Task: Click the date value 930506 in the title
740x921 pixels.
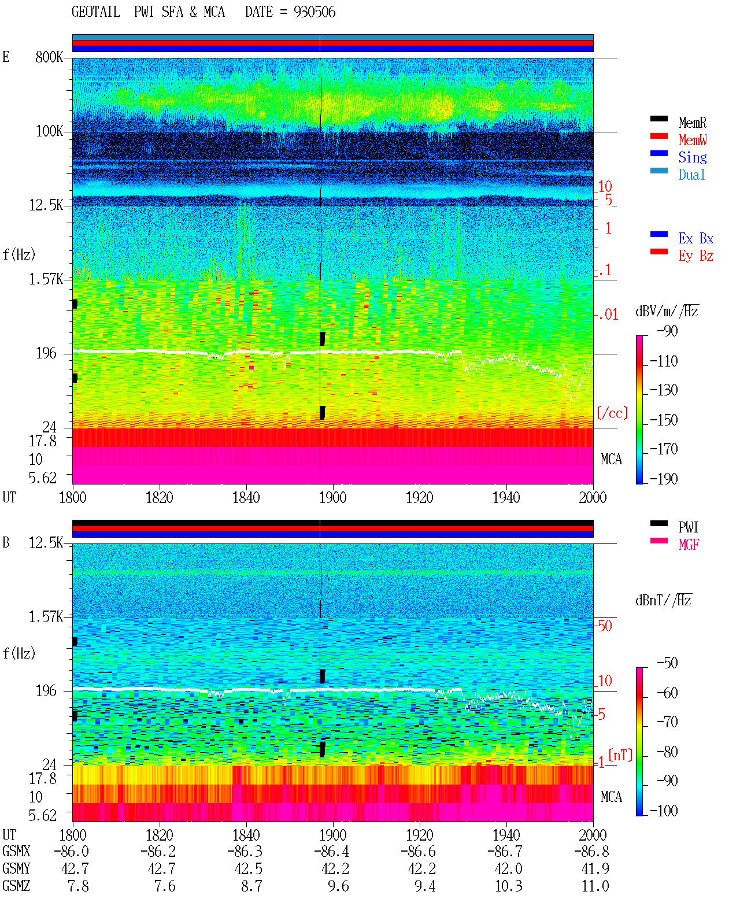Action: coord(314,12)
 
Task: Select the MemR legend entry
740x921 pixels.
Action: coord(692,123)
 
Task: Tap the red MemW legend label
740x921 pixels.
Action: coord(693,140)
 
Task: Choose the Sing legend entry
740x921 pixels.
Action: coord(692,157)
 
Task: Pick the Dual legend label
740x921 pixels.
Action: coord(691,175)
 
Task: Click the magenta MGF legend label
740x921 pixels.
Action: coord(689,545)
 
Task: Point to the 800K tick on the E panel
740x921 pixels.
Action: coord(49,57)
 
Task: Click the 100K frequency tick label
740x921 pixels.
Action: coord(49,131)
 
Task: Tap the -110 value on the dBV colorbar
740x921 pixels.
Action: coord(663,361)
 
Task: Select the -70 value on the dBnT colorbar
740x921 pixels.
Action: coord(667,722)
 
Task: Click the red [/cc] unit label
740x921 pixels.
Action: coord(612,413)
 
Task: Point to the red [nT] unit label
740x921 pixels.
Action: coord(620,755)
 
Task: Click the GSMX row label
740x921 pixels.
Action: coord(16,851)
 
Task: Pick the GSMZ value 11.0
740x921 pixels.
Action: coord(595,886)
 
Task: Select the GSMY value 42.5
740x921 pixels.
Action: coord(248,869)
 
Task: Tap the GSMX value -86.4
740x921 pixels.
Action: coord(331,851)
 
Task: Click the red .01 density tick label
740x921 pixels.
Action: coord(608,315)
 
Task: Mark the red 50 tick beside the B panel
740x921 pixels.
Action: coord(605,626)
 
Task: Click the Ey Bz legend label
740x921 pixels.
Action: coord(696,256)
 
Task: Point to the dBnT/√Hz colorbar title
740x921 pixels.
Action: coord(663,601)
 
